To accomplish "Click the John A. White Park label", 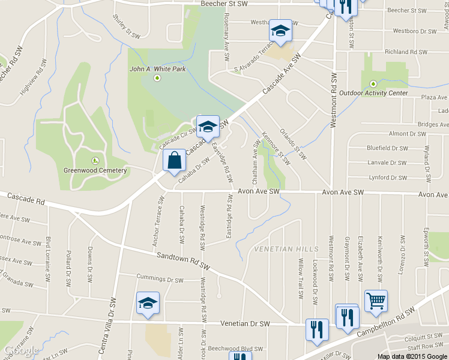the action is pos(158,69).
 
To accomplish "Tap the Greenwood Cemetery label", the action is pos(95,170).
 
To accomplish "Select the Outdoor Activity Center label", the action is pos(373,93).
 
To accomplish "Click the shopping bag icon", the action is pos(174,161).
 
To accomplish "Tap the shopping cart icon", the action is pos(376,302).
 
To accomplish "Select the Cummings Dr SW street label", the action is pos(160,279).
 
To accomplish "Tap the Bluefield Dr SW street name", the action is pos(387,148).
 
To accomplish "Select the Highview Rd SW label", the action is pos(35,77).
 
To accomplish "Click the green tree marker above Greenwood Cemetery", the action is pos(95,160).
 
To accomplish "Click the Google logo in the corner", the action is pos(22,351).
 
